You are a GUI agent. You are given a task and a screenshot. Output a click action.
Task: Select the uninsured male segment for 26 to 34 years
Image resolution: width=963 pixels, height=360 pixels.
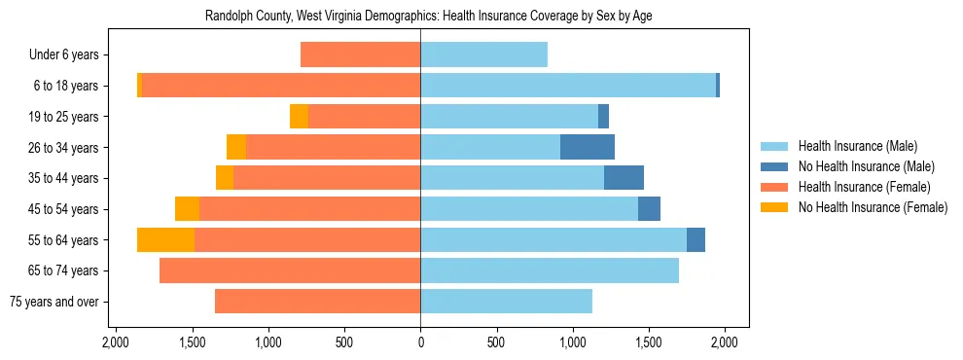point(588,147)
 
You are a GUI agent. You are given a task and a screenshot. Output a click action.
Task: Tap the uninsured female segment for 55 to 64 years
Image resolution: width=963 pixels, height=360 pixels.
point(165,239)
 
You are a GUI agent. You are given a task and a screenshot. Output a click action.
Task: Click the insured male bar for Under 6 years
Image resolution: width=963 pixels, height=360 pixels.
point(483,54)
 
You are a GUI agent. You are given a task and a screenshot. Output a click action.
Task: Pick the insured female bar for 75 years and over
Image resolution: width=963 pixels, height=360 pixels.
point(317,302)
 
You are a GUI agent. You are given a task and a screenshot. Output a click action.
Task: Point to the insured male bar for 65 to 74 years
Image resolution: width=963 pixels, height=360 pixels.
point(550,270)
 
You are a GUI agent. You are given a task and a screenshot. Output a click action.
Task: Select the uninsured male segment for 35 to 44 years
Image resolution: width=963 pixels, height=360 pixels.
point(624,178)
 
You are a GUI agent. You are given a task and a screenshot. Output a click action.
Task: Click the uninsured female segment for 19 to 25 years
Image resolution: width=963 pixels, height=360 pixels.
point(299,117)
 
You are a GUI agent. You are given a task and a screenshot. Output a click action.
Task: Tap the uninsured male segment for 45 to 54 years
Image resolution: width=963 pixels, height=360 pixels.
point(649,208)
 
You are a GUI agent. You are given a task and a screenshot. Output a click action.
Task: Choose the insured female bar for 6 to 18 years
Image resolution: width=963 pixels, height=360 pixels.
point(281,86)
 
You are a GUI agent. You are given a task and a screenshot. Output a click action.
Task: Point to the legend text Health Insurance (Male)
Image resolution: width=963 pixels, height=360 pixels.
point(858,146)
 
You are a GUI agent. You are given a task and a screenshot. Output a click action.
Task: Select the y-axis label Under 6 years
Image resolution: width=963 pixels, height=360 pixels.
point(70,54)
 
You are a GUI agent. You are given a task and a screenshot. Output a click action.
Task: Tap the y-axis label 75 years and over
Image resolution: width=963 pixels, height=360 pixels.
point(54,302)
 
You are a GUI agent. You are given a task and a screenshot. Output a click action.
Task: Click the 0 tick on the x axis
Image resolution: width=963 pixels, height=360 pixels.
point(420,342)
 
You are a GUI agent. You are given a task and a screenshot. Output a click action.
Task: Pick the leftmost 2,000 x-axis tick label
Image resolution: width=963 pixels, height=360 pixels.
point(116,342)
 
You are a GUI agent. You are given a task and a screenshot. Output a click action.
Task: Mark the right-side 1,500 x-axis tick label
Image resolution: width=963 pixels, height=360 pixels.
point(649,342)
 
